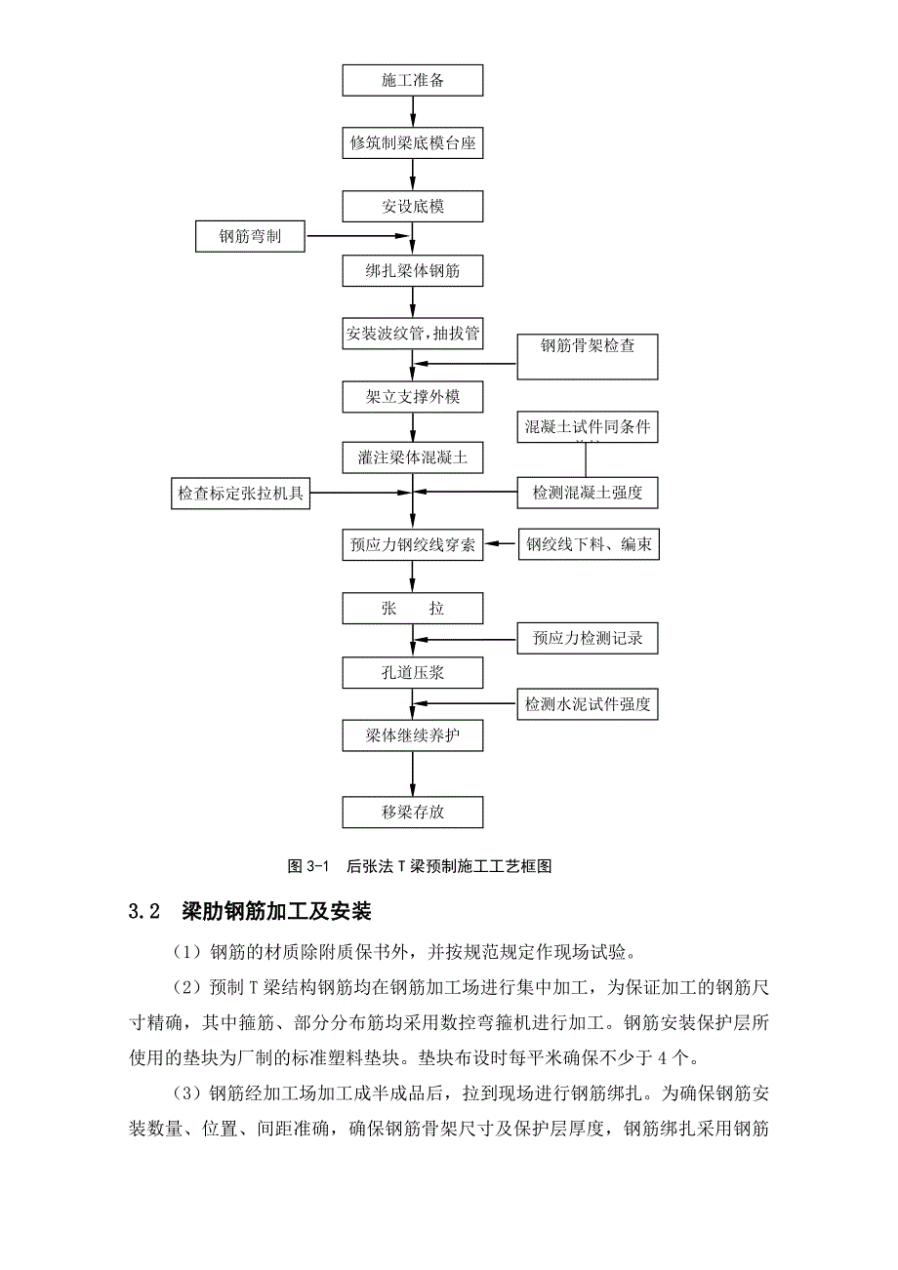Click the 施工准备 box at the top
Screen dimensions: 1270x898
[413, 80]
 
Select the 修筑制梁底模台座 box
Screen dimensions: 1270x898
[413, 143]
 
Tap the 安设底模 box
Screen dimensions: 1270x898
[413, 207]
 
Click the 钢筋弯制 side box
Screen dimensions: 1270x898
[250, 236]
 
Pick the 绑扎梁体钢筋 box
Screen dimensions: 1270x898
[413, 270]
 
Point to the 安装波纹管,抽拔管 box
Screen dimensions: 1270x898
[413, 334]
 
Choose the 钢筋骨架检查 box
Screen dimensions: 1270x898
[588, 356]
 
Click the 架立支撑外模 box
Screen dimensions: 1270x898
[413, 397]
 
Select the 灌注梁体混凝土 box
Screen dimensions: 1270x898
[413, 456]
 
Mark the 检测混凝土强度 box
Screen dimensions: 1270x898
[588, 494]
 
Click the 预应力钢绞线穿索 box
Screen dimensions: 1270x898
[413, 544]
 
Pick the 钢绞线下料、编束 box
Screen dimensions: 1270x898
[588, 544]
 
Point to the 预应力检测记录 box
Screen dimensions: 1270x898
[588, 640]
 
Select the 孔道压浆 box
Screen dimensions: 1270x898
[413, 672]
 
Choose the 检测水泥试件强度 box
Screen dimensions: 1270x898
[588, 704]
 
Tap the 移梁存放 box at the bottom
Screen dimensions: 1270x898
[413, 812]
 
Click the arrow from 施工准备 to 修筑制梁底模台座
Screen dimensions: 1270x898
[413, 111]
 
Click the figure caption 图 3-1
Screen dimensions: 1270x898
[311, 866]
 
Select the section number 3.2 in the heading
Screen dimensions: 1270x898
[143, 913]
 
